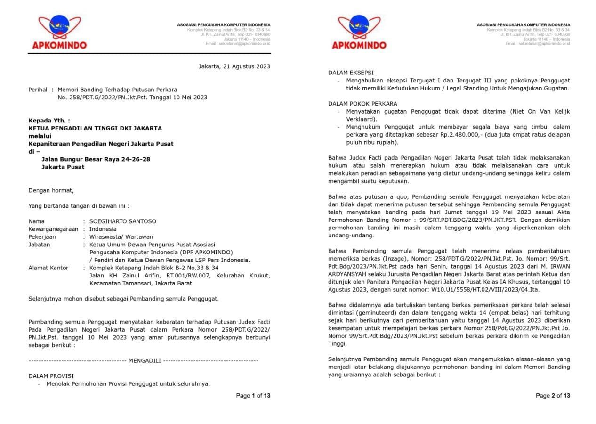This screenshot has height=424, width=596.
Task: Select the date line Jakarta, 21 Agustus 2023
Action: (x=234, y=66)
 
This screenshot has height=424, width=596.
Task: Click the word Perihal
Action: (x=38, y=89)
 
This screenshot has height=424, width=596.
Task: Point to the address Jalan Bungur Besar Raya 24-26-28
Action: (x=96, y=159)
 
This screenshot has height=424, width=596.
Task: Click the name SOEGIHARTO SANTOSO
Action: (x=123, y=221)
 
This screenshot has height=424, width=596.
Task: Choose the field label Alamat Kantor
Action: (x=48, y=268)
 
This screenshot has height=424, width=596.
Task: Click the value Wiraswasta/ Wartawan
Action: (x=121, y=237)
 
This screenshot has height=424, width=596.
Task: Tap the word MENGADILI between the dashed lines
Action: (x=144, y=360)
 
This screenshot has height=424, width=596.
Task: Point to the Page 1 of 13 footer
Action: (x=253, y=396)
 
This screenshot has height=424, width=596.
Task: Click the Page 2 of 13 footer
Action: (x=553, y=396)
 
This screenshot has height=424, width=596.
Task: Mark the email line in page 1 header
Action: (x=238, y=44)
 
